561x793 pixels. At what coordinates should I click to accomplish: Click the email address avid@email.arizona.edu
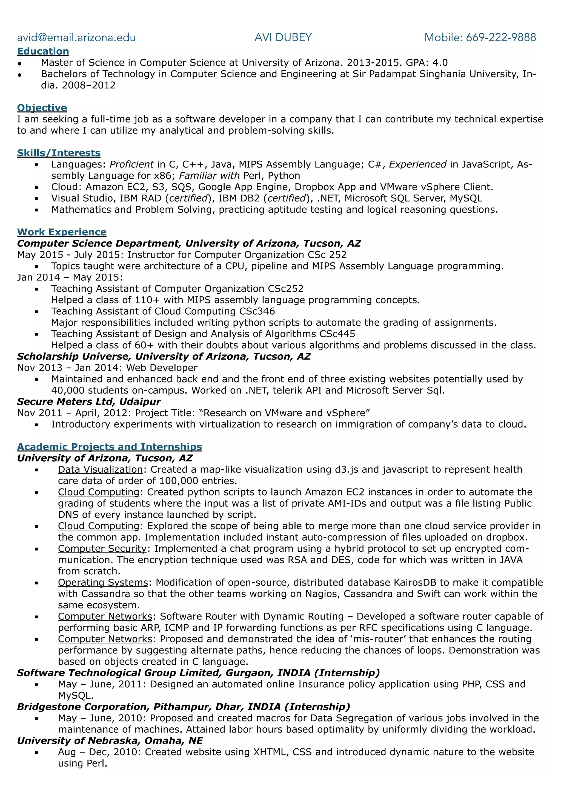click(x=76, y=37)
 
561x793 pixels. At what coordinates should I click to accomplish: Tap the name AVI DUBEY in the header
click(x=283, y=37)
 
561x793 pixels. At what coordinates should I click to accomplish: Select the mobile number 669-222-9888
click(x=500, y=37)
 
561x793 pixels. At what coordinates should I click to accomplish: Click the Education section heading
click(x=43, y=51)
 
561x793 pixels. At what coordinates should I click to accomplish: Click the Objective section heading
click(x=42, y=108)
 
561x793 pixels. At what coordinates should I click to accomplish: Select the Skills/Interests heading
click(x=59, y=153)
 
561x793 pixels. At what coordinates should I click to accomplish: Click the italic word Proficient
click(x=131, y=164)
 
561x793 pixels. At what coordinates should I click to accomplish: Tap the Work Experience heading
click(x=62, y=232)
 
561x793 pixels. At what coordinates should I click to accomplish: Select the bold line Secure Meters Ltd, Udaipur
click(x=89, y=401)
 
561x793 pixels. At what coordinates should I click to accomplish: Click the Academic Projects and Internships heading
click(x=110, y=447)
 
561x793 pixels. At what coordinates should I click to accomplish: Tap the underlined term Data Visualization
click(x=100, y=469)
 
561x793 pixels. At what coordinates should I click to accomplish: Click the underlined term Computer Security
click(x=102, y=548)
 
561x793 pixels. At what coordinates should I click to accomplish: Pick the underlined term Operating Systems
click(x=103, y=582)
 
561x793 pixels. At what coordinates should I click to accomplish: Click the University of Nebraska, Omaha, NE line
click(x=110, y=740)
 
